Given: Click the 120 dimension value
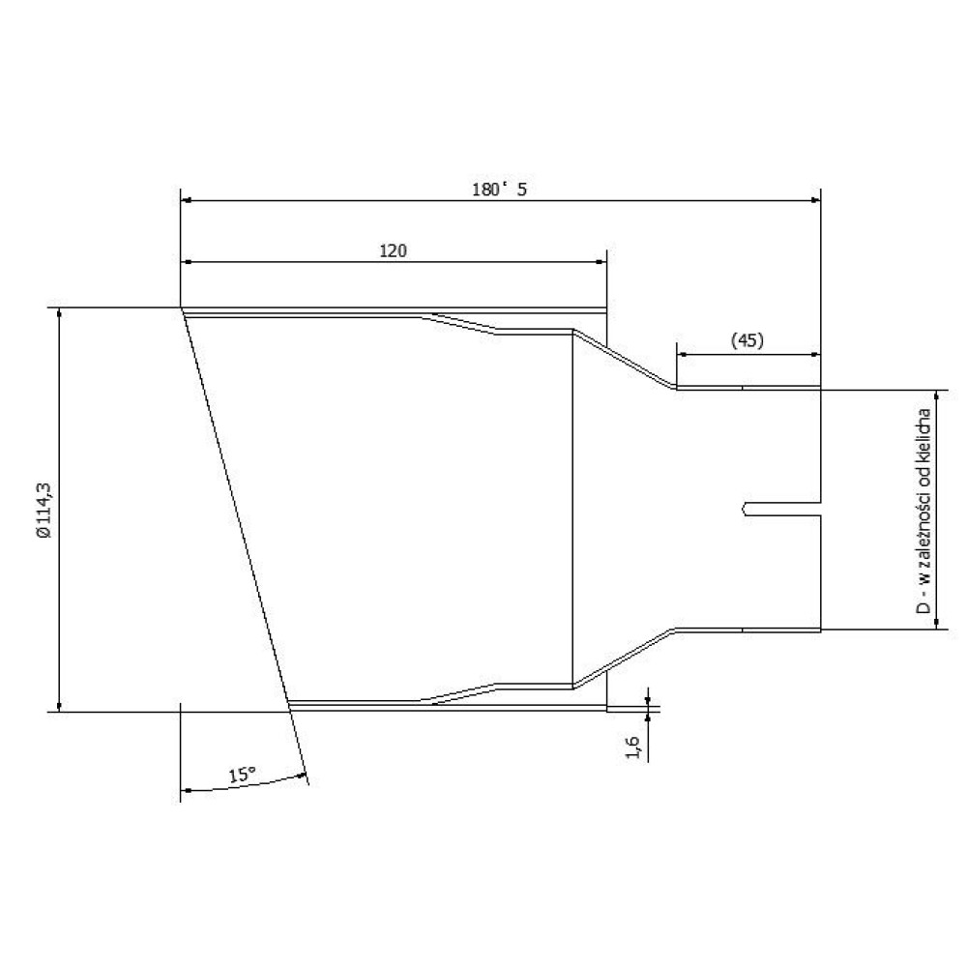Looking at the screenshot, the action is pyautogui.click(x=393, y=251).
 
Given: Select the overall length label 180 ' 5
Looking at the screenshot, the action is pyautogui.click(x=500, y=190).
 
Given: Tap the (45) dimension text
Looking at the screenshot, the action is pyautogui.click(x=747, y=340).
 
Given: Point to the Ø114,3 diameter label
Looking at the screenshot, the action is pyautogui.click(x=44, y=511).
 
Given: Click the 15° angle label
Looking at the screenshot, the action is pyautogui.click(x=243, y=775).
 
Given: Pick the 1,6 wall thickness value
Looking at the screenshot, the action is pyautogui.click(x=633, y=747).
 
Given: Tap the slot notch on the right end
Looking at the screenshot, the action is pyautogui.click(x=781, y=510).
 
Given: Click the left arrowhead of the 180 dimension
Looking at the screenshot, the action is pyautogui.click(x=187, y=200).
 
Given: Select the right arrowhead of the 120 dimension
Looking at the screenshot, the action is pyautogui.click(x=601, y=262).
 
